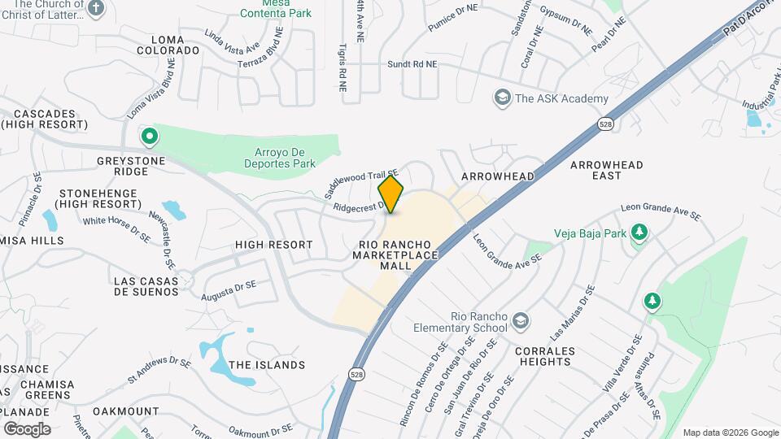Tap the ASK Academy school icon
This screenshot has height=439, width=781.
click(503, 98)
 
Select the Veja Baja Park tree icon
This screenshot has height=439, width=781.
click(639, 233)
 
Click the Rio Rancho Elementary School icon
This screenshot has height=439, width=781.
click(518, 322)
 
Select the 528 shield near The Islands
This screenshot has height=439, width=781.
click(356, 374)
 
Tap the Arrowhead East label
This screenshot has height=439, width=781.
click(606, 170)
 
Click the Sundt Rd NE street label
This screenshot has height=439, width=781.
click(412, 63)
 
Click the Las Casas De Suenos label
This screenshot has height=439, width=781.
click(146, 285)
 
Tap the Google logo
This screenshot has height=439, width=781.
click(27, 428)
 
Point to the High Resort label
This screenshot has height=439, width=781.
click(273, 245)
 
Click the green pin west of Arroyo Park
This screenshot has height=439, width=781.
click(148, 136)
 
